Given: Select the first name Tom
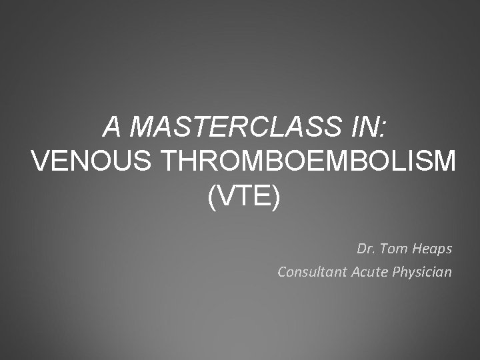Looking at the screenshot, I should [x=391, y=249].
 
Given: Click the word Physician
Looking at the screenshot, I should [x=425, y=273].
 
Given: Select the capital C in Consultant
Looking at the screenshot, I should [x=282, y=272].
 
